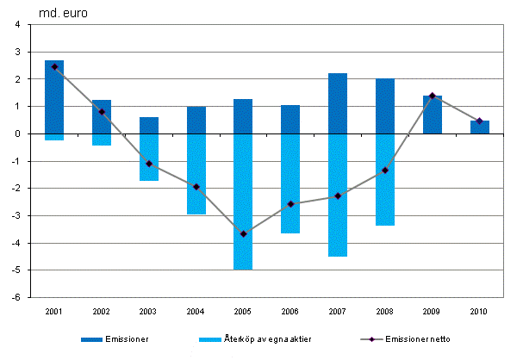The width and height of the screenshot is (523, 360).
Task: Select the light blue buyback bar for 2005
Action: click(244, 202)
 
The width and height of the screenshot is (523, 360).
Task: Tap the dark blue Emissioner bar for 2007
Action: click(338, 103)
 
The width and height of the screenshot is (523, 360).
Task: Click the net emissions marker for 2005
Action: click(244, 234)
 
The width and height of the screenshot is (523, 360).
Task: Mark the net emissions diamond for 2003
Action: click(149, 164)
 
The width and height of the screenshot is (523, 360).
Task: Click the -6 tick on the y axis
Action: click(18, 298)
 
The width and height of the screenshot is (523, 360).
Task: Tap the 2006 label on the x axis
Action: click(290, 310)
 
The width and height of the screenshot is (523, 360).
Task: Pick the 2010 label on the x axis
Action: click(480, 310)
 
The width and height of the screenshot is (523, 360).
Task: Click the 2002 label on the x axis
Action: click(102, 310)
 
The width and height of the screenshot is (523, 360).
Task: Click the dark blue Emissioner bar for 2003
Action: click(149, 125)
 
